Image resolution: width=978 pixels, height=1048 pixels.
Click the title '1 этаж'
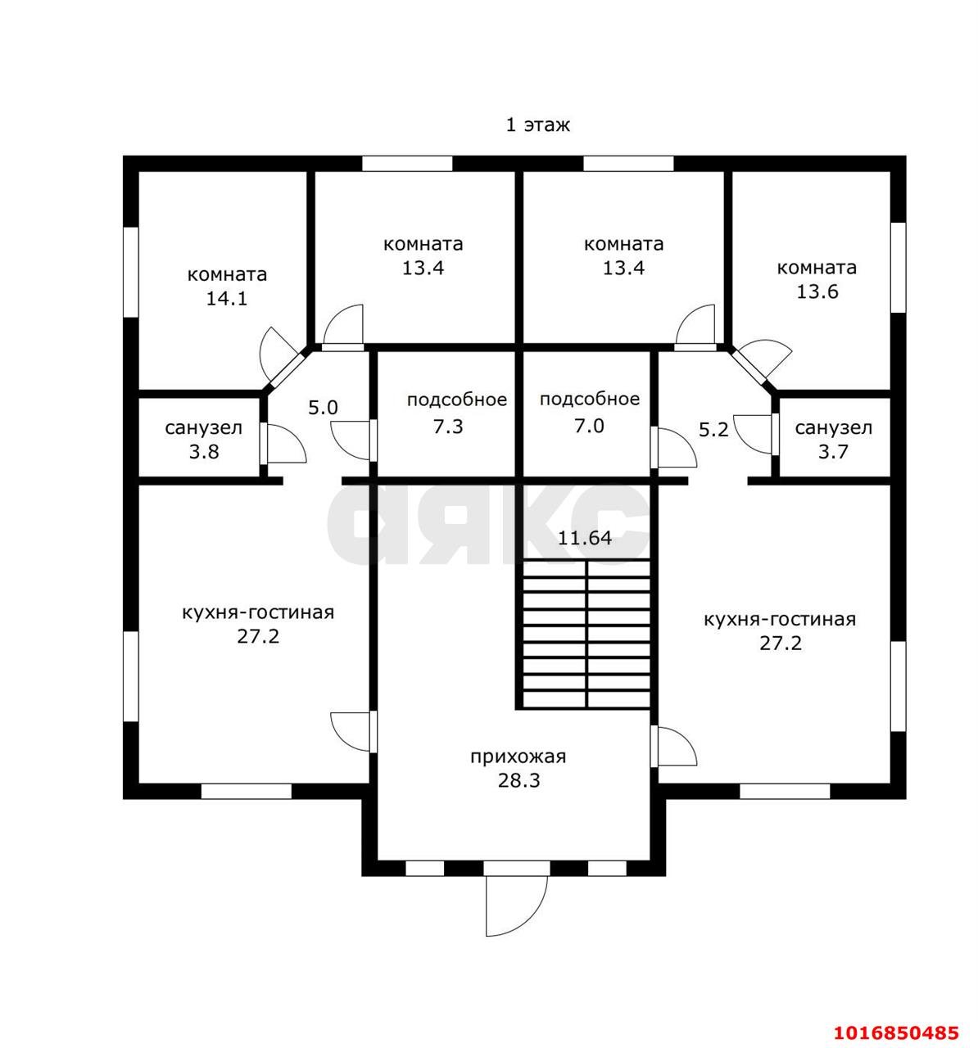point(537,125)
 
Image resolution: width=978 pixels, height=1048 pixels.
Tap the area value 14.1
point(227,299)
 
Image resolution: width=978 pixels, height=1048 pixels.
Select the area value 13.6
point(817,291)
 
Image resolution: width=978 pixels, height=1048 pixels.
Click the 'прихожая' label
point(518,757)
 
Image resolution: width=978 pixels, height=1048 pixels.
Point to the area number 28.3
point(518,780)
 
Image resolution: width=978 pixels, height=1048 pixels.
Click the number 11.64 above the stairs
point(585,538)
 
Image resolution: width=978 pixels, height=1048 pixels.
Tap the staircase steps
point(586,634)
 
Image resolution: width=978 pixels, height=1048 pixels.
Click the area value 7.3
point(448,427)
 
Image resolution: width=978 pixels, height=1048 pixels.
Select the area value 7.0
point(589,426)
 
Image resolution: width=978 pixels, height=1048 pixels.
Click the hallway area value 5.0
point(323,408)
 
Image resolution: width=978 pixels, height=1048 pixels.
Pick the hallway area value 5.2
point(713,430)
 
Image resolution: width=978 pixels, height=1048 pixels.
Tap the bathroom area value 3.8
point(204,452)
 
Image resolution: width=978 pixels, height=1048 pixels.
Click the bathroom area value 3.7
point(833,452)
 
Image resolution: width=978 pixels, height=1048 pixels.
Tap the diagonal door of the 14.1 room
point(280,355)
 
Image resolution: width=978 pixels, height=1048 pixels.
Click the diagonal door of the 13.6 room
point(760,360)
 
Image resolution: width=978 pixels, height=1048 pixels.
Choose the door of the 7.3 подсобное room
point(353,440)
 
